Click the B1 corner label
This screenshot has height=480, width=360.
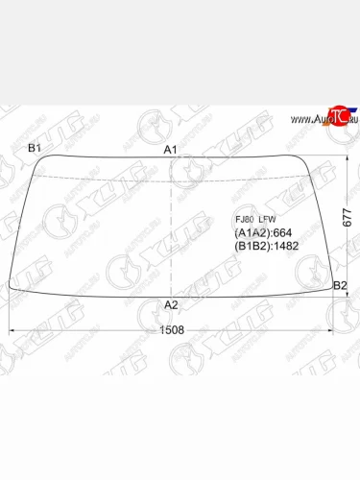pyautogui.click(x=35, y=147)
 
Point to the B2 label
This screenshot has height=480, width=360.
pyautogui.click(x=339, y=286)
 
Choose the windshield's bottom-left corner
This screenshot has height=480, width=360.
pyautogui.click(x=11, y=285)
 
